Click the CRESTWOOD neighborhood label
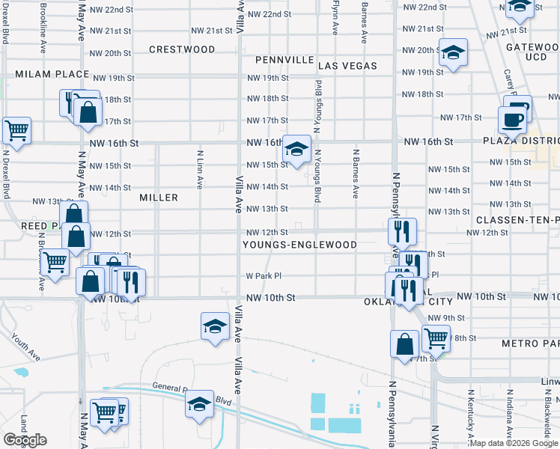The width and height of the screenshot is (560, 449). [182, 49]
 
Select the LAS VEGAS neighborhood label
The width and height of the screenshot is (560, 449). [350, 66]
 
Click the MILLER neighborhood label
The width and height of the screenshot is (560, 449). [159, 198]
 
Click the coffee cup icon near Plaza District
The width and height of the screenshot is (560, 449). [513, 119]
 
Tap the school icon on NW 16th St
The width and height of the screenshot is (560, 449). [297, 149]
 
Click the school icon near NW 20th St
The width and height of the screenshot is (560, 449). [453, 52]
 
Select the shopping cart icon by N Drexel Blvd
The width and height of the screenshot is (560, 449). [16, 130]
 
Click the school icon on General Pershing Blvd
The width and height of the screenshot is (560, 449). [199, 404]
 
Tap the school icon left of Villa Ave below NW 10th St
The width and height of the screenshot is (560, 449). [215, 326]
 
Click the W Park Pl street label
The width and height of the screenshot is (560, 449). [264, 275]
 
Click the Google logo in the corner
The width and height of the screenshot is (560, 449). [25, 441]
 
